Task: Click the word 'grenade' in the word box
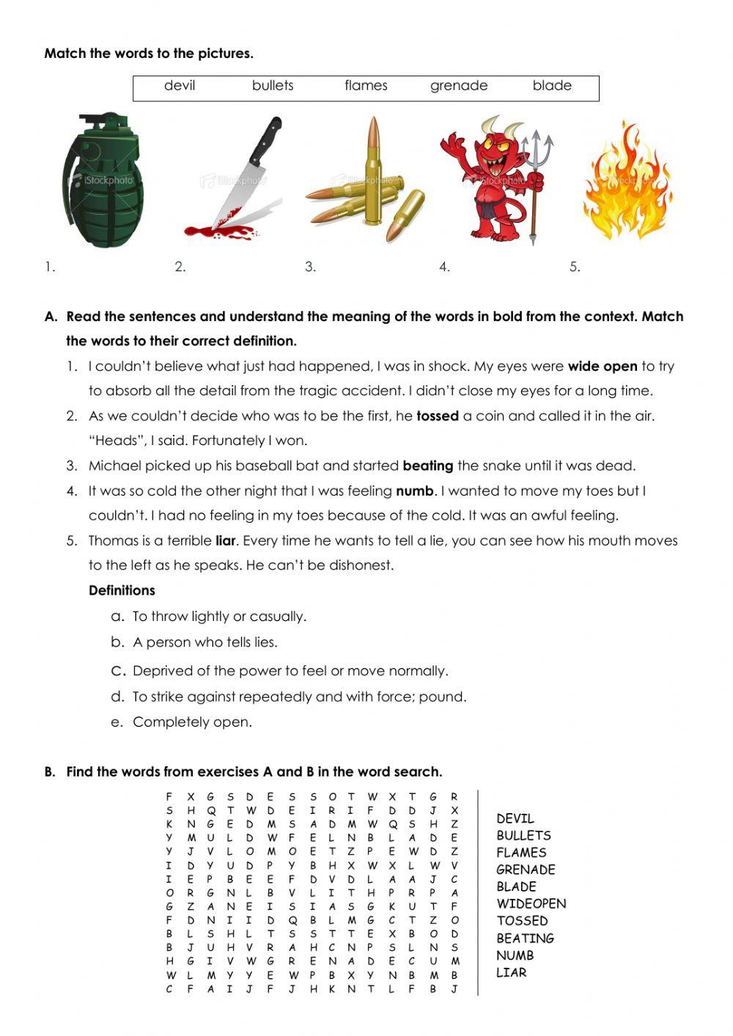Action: click(x=458, y=86)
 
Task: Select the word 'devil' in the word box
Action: click(x=180, y=86)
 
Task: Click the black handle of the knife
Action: click(x=265, y=141)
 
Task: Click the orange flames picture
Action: click(x=627, y=183)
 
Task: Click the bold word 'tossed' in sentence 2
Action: click(x=437, y=416)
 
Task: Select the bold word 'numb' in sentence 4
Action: click(x=415, y=491)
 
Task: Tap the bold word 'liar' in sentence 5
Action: click(x=225, y=541)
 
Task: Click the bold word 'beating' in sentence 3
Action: click(x=428, y=466)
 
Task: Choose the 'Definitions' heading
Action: click(x=122, y=591)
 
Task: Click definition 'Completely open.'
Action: click(x=192, y=722)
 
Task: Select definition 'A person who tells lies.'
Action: click(x=205, y=643)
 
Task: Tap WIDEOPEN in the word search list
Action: click(x=531, y=904)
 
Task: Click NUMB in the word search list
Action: click(x=515, y=955)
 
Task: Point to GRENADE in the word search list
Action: click(x=526, y=870)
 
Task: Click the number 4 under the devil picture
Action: click(x=444, y=267)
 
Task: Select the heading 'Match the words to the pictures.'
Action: click(x=149, y=54)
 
